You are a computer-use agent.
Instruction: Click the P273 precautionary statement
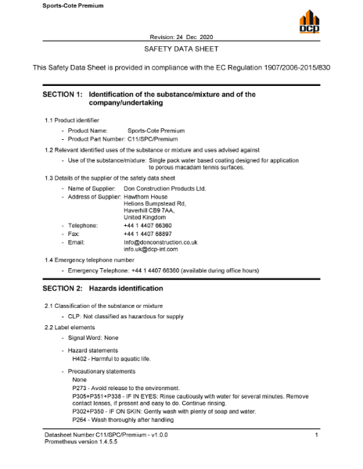[135, 387]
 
